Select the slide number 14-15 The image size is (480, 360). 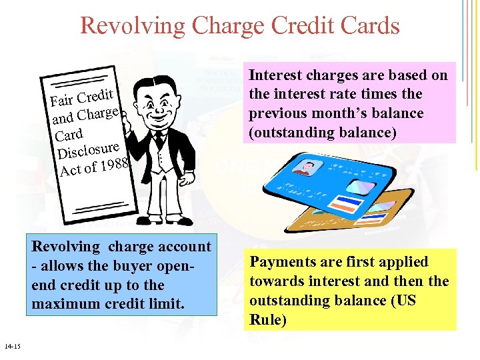[x=12, y=346]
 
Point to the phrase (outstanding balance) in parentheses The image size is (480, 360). [x=323, y=133]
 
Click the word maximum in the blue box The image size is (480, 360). [x=65, y=304]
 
